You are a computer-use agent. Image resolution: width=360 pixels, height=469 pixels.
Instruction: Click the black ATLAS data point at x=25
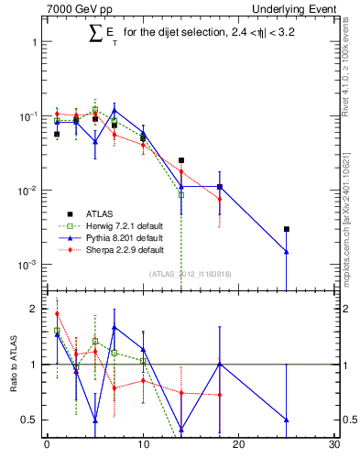287,229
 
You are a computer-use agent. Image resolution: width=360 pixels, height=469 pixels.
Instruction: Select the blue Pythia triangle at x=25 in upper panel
287,251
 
